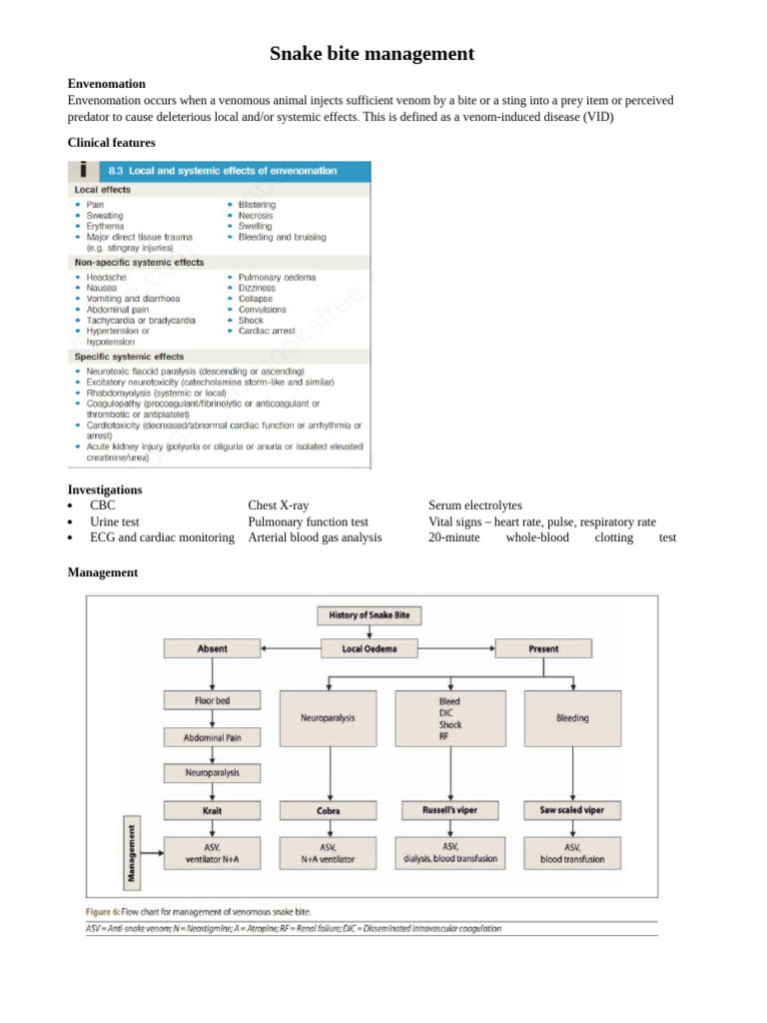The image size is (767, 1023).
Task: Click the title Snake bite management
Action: [372, 54]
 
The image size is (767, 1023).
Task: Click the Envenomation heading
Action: [106, 84]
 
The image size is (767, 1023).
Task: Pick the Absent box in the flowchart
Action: [212, 649]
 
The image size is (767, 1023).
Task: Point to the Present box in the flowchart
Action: [543, 649]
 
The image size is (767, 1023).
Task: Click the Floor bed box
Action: [212, 701]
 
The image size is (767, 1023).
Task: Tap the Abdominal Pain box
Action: [212, 738]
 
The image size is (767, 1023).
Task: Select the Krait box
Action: [212, 810]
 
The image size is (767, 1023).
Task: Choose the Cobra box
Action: [329, 811]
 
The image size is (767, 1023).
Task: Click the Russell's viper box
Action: [450, 810]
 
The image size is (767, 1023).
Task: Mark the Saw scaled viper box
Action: [572, 810]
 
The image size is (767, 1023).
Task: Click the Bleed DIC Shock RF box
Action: [450, 719]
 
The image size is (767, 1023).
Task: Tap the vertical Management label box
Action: [131, 854]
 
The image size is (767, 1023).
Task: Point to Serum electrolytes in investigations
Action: [474, 507]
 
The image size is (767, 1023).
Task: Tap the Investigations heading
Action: [105, 490]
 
